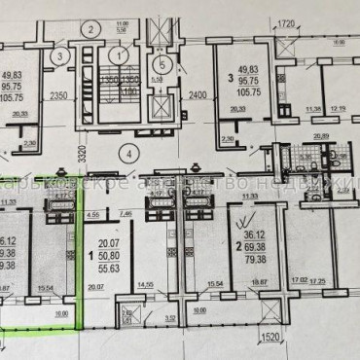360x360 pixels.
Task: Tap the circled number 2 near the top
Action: point(90,28)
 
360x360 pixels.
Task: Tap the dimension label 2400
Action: point(198,95)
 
